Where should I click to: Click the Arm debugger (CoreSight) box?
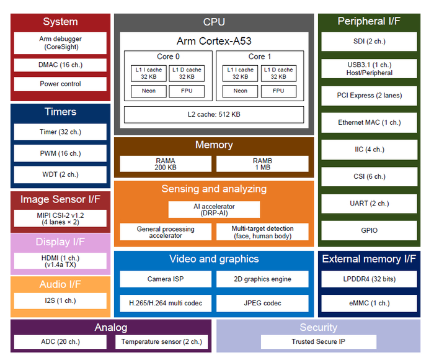click(x=61, y=43)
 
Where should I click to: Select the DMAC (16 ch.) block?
click(x=61, y=65)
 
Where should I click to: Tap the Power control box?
click(x=61, y=84)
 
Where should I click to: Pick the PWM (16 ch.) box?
click(x=61, y=153)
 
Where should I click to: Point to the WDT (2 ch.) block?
click(x=61, y=174)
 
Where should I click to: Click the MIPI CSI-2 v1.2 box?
click(x=61, y=218)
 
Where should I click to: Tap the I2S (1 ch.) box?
click(x=61, y=301)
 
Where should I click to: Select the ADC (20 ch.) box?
click(x=61, y=341)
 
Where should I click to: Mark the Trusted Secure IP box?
click(x=318, y=341)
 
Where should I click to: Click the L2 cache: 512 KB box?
click(x=214, y=115)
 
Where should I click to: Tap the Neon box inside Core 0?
click(x=148, y=91)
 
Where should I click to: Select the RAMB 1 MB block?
click(x=262, y=164)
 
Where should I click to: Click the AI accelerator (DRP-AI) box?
click(x=214, y=210)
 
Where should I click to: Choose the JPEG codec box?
click(x=262, y=303)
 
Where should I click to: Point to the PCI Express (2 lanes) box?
click(x=369, y=96)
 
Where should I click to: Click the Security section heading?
click(x=318, y=327)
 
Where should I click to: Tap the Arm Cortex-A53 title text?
click(x=214, y=41)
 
